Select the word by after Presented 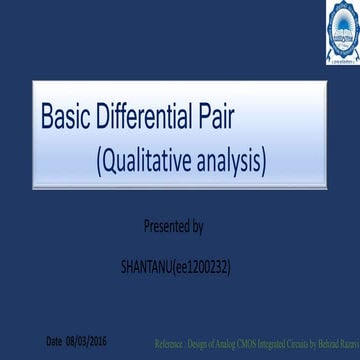click(x=197, y=227)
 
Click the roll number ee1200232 click(x=207, y=267)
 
